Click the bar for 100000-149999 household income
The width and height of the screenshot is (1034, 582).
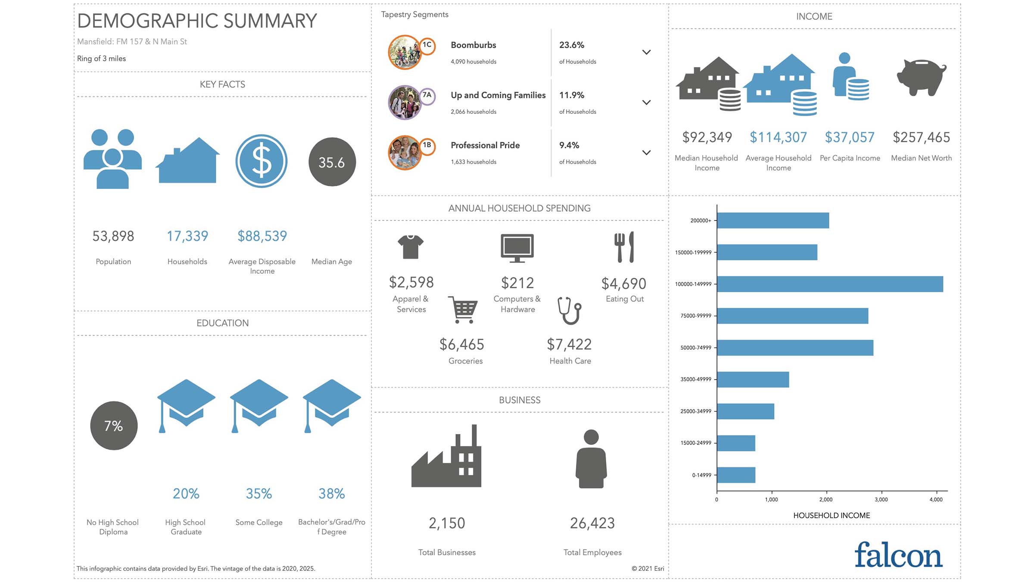click(x=829, y=284)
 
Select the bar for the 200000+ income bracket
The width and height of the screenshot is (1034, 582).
click(x=772, y=220)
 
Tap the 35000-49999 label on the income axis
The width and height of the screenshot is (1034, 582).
click(x=695, y=379)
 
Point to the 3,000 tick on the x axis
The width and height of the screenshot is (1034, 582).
click(x=881, y=499)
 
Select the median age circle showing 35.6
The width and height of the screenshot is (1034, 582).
click(x=332, y=162)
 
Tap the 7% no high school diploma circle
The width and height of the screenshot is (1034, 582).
click(x=114, y=426)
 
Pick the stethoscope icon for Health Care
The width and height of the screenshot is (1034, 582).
click(x=569, y=310)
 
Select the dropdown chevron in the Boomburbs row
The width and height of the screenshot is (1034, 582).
click(x=646, y=52)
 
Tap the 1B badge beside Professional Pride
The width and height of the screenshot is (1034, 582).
click(x=427, y=145)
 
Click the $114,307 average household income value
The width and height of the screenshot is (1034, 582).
click(x=778, y=137)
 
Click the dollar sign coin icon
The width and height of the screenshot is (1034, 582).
click(x=262, y=161)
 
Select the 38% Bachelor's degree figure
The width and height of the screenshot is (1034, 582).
click(x=331, y=494)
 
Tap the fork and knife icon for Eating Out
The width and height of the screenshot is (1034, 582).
click(x=624, y=247)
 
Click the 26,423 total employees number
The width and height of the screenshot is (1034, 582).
click(x=592, y=523)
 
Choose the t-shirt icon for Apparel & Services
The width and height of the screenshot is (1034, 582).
click(x=411, y=247)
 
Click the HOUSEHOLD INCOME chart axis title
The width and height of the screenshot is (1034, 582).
click(x=832, y=515)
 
